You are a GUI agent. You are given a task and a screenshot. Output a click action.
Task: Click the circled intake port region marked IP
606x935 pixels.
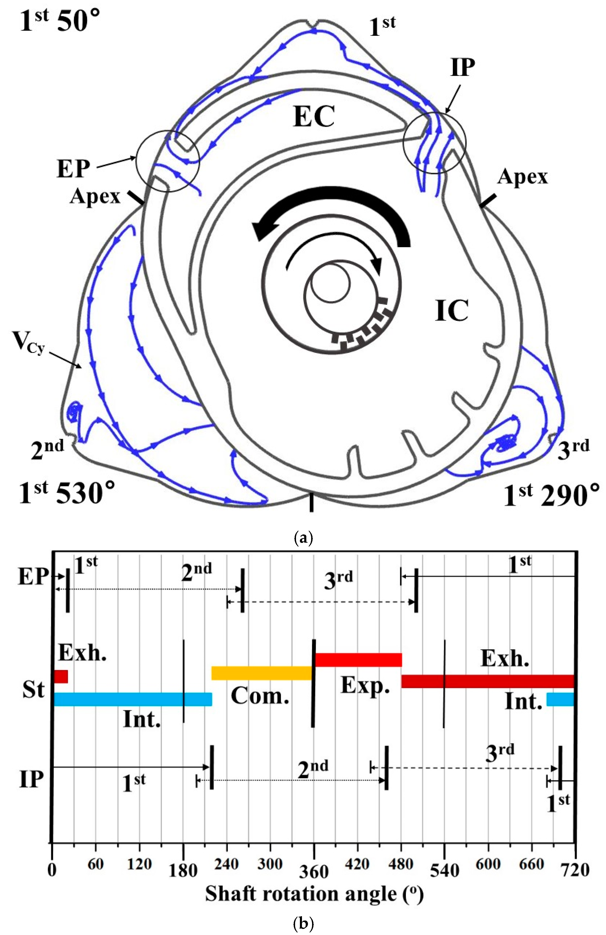click(x=434, y=142)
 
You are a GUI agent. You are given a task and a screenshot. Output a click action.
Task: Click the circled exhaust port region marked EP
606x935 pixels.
click(x=168, y=161)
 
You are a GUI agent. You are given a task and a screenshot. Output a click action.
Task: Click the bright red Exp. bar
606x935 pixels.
click(x=358, y=660)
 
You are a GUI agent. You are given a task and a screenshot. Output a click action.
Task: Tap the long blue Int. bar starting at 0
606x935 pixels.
click(x=132, y=699)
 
